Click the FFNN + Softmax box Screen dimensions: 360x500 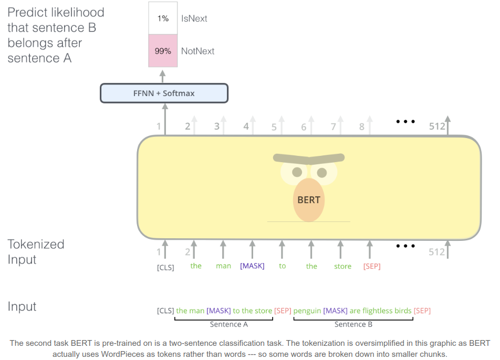tap(164, 93)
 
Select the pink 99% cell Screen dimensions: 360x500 tap(163, 51)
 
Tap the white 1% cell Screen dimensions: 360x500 tap(163, 18)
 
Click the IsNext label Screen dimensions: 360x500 tap(194, 18)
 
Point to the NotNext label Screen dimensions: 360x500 tap(197, 51)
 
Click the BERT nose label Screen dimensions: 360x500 tap(308, 200)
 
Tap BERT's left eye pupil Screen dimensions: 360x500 tap(297, 172)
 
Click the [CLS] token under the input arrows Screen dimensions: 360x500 tap(165, 267)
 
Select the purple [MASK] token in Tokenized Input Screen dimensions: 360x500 tap(252, 266)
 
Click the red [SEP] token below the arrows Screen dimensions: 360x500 tap(372, 267)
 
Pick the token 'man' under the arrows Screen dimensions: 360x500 tap(223, 266)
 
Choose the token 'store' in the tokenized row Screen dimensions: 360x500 tap(342, 266)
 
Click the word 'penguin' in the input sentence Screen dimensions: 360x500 tap(307, 311)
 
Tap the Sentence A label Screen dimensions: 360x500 tap(228, 324)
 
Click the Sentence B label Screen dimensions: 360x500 tap(353, 324)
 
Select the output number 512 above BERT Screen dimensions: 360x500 tap(436, 126)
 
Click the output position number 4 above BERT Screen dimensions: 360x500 tap(246, 126)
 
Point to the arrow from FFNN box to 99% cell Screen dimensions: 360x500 tap(163, 76)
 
